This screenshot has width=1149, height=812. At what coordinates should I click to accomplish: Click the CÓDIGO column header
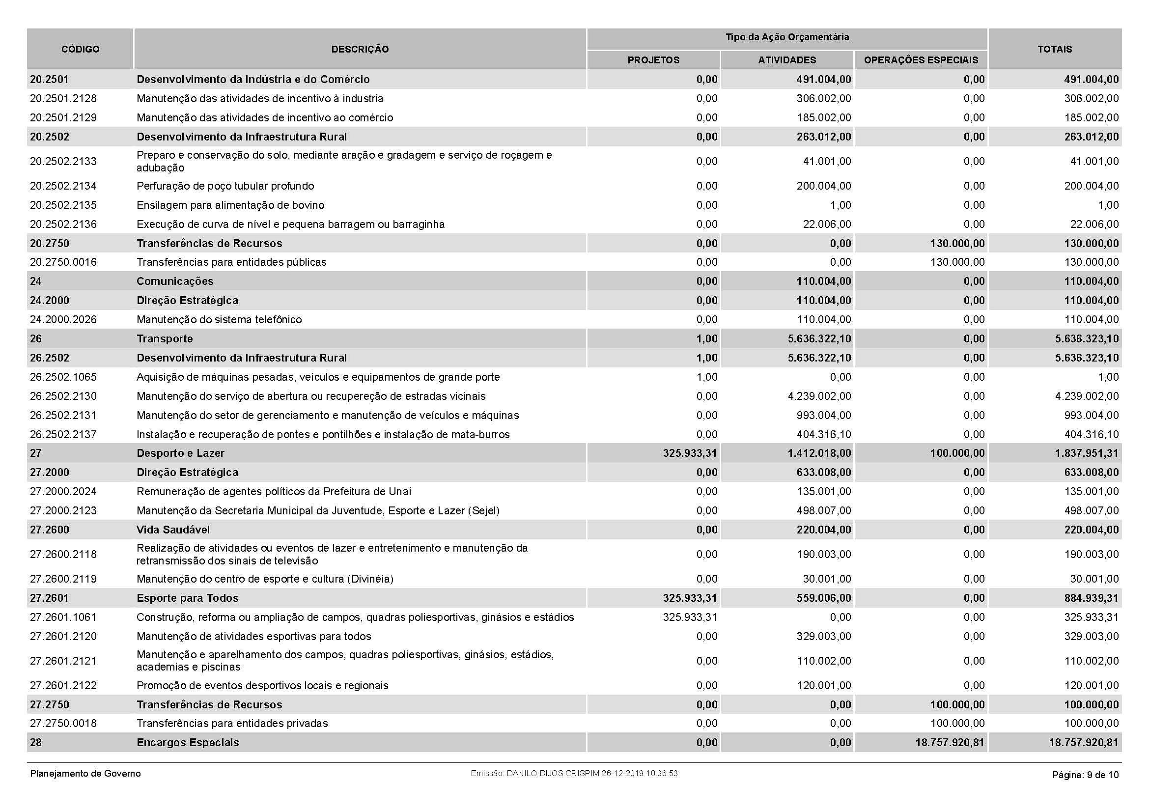[x=80, y=49]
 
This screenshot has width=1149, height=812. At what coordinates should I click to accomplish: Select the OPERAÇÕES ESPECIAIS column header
[x=920, y=60]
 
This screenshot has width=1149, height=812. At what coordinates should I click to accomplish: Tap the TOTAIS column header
[x=1054, y=49]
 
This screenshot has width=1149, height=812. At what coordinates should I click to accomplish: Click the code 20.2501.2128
[x=63, y=99]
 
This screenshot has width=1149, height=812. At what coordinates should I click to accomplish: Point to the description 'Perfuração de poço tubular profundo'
[x=225, y=186]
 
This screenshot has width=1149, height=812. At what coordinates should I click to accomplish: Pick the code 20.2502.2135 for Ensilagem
[x=63, y=205]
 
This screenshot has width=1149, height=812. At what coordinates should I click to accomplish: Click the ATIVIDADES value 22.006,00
[x=827, y=224]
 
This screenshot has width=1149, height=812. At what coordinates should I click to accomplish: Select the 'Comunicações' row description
[x=175, y=281]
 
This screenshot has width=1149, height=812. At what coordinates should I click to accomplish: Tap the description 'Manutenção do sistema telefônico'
[x=219, y=320]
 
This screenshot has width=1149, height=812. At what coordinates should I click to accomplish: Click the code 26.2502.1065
[x=63, y=377]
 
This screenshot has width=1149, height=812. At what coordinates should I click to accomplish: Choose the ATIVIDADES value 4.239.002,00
[x=819, y=396]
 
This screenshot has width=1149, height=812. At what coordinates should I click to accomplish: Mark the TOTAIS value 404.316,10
[x=1091, y=435]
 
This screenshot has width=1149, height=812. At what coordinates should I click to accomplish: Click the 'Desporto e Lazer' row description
[x=180, y=453]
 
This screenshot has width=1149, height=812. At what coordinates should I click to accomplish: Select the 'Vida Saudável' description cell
[x=173, y=530]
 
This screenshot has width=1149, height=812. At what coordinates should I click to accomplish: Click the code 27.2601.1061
[x=63, y=617]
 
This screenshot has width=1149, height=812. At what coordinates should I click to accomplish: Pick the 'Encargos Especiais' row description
[x=188, y=743]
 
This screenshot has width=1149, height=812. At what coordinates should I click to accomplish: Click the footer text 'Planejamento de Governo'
[x=85, y=774]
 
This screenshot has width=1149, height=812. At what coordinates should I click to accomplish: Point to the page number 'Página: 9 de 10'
[x=1085, y=775]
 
